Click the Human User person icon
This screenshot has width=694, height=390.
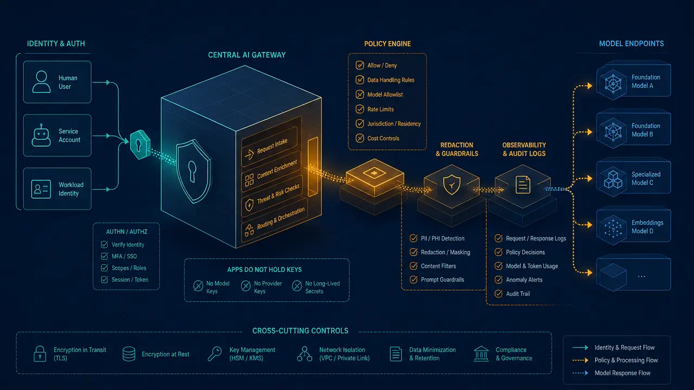(x=41, y=82)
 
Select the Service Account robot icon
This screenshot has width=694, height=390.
(x=41, y=135)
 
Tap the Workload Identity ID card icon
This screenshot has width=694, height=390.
(x=41, y=189)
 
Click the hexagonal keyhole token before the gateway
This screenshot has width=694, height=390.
(x=140, y=145)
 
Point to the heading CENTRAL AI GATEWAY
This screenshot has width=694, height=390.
(x=247, y=55)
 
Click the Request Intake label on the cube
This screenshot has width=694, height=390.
(x=272, y=146)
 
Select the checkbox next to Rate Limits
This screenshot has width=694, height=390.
(x=359, y=109)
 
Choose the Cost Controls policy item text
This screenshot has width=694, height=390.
(x=383, y=138)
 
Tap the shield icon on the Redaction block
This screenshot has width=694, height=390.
(x=452, y=185)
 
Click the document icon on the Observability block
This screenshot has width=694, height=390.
(x=523, y=185)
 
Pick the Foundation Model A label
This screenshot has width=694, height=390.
(x=646, y=81)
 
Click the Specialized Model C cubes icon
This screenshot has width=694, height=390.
(x=613, y=179)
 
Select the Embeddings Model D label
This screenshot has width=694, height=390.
(x=647, y=227)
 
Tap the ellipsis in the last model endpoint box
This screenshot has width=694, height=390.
(x=641, y=276)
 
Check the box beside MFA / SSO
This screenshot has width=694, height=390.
(x=105, y=256)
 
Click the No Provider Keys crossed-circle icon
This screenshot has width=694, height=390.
(x=246, y=286)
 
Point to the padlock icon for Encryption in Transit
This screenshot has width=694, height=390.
(x=40, y=354)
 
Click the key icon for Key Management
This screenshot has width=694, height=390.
(x=215, y=354)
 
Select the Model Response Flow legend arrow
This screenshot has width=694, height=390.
(x=580, y=373)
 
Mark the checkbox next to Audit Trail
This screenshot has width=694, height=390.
(x=498, y=294)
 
